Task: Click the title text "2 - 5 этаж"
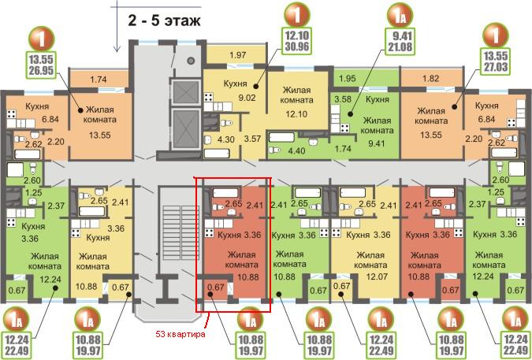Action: [x=164, y=20]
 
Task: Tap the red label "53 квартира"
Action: [x=180, y=334]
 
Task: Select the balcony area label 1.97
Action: [x=237, y=54]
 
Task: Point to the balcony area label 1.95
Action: [x=348, y=79]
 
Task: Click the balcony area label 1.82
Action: [x=430, y=79]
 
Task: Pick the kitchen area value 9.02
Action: [x=247, y=98]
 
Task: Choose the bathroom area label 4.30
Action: [x=225, y=139]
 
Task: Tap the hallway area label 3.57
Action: [x=252, y=139]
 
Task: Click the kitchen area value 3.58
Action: [x=343, y=100]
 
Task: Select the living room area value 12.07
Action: [x=378, y=277]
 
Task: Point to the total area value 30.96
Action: [x=296, y=46]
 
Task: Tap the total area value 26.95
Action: [x=41, y=71]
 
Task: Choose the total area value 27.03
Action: [x=496, y=66]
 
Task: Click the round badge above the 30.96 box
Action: [x=296, y=15]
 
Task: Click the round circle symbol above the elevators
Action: [x=191, y=61]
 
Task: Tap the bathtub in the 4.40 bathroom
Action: [x=281, y=137]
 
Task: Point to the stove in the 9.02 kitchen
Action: [x=208, y=98]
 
